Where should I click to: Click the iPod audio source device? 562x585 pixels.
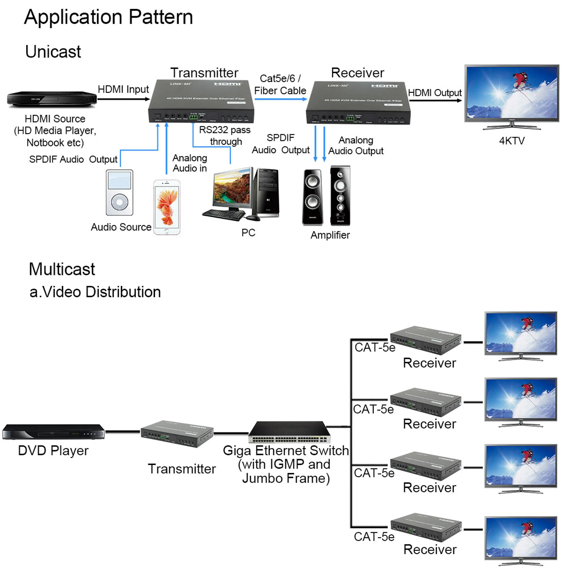coord(119,192)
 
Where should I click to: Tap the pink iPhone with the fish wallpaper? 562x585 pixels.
coord(167,207)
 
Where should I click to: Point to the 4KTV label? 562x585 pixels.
coord(511,141)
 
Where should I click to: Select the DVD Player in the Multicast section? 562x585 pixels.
coord(53,432)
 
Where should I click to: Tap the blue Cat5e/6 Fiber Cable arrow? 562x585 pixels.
coord(280,99)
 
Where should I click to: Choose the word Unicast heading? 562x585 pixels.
coord(53,52)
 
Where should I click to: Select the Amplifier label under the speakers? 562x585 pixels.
coord(330,235)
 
